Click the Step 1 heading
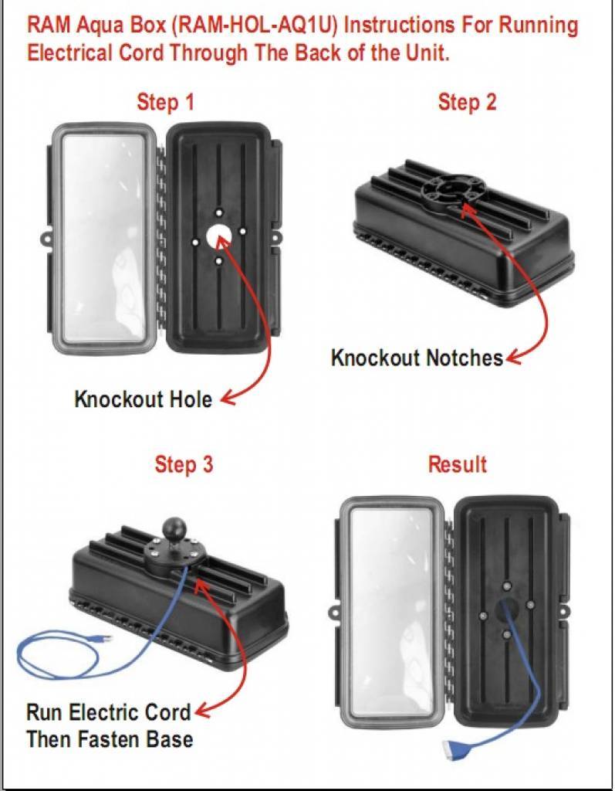click(165, 103)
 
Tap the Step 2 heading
click(468, 102)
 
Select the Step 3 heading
click(184, 464)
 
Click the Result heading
click(458, 464)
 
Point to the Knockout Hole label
click(144, 399)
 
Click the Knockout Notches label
click(417, 358)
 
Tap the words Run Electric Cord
click(108, 712)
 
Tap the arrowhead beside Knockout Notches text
click(514, 357)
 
